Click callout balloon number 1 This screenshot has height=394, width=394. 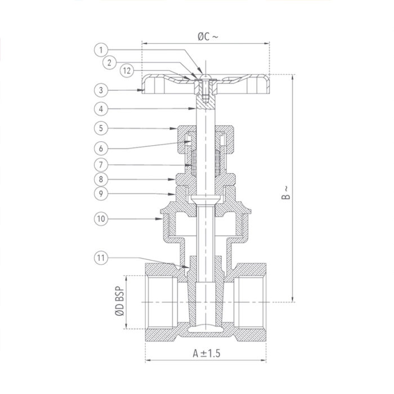tap(101, 50)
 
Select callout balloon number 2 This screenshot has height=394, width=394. tap(110, 62)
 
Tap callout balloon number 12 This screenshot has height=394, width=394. tap(128, 71)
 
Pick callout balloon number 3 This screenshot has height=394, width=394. tap(101, 89)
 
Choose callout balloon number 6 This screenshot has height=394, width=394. tap(101, 148)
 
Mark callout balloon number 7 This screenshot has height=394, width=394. tap(101, 165)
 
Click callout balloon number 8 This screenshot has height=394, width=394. tap(101, 180)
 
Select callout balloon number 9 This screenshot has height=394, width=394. tap(101, 194)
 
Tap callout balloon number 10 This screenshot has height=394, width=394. tap(101, 217)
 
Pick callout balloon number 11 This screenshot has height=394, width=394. tap(101, 258)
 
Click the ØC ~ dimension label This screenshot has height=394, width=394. tap(207, 36)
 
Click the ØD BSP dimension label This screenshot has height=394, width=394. tap(119, 302)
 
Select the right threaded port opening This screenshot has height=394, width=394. tap(251, 302)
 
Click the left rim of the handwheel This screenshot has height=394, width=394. tap(148, 84)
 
